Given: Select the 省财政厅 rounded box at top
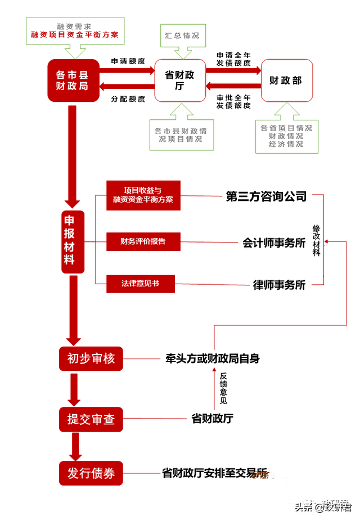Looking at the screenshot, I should coord(179,80).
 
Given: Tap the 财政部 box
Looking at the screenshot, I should coord(286,80).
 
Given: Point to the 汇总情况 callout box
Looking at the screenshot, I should coord(182,35).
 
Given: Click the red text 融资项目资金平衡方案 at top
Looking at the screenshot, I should coord(75,35).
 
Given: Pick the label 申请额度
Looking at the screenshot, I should coord(128,61).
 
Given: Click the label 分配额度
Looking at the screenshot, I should coord(128,99).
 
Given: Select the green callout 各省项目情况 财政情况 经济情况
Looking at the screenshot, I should coord(286,136).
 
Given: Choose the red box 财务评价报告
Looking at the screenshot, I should coord(143,241).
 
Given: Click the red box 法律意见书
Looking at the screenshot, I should coord(140,284).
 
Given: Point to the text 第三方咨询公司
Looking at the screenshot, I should coord(266,196).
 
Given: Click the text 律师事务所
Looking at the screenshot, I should coord(279,285).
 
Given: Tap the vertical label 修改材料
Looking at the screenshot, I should coord(316,241).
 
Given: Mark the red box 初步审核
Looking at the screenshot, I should coord(91,358).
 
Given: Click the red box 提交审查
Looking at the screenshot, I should coord(91,419).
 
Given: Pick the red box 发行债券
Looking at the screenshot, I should coord(91,473).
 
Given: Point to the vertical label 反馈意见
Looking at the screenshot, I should coord(223,388).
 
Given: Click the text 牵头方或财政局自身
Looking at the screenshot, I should coord(213,358).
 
